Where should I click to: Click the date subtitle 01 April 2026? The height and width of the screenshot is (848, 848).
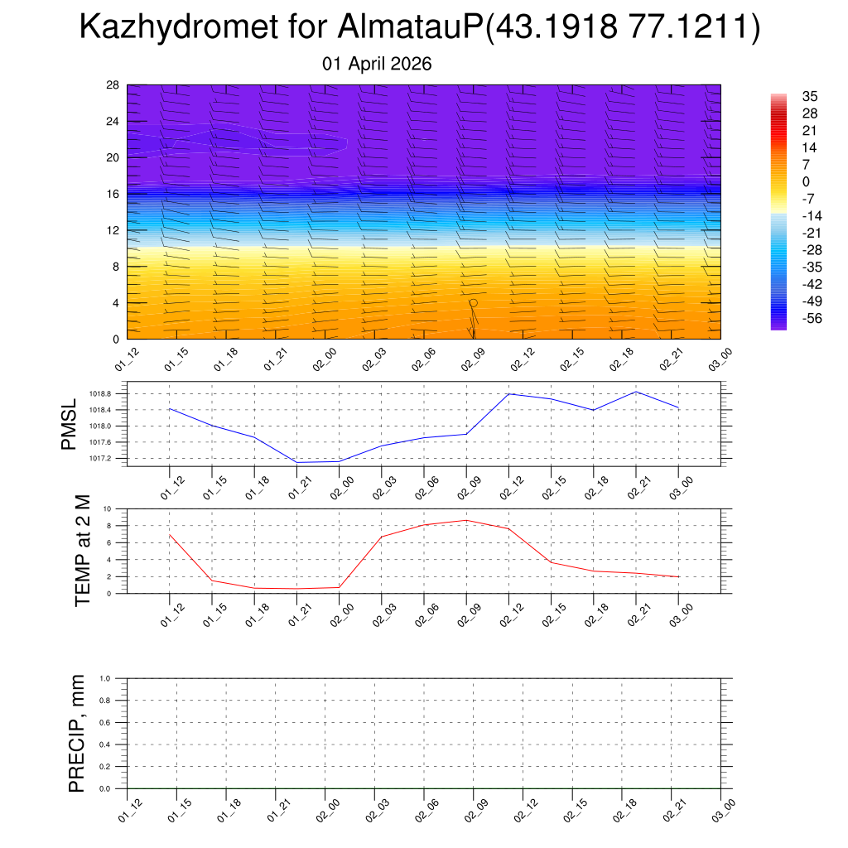377,64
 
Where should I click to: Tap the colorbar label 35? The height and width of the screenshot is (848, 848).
810,96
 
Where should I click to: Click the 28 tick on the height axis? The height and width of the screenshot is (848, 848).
113,85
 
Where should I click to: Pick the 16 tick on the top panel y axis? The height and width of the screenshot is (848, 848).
113,194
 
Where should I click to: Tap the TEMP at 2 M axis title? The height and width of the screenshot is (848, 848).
82,549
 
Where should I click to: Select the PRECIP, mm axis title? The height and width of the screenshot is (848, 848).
77,733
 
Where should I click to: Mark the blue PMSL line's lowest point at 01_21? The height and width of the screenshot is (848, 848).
296,462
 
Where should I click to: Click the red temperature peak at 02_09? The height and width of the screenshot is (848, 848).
466,520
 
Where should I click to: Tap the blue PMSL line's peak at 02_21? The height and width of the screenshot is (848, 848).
636,392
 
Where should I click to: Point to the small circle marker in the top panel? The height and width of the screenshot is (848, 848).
474,303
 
